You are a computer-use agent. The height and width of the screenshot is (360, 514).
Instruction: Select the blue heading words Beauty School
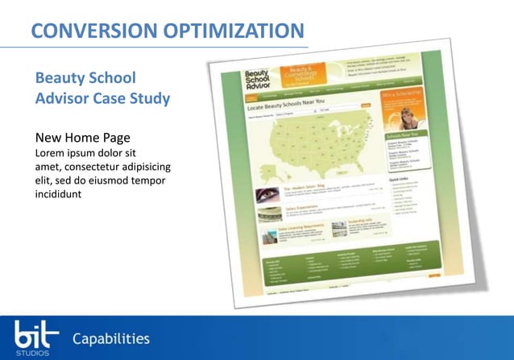[85, 79]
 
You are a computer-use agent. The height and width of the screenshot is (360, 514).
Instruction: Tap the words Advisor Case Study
[102, 99]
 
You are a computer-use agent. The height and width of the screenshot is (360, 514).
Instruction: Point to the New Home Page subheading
[83, 138]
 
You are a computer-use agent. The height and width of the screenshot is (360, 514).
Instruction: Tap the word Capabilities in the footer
[111, 337]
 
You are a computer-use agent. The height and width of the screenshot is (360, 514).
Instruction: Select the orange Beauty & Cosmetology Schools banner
[303, 77]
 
